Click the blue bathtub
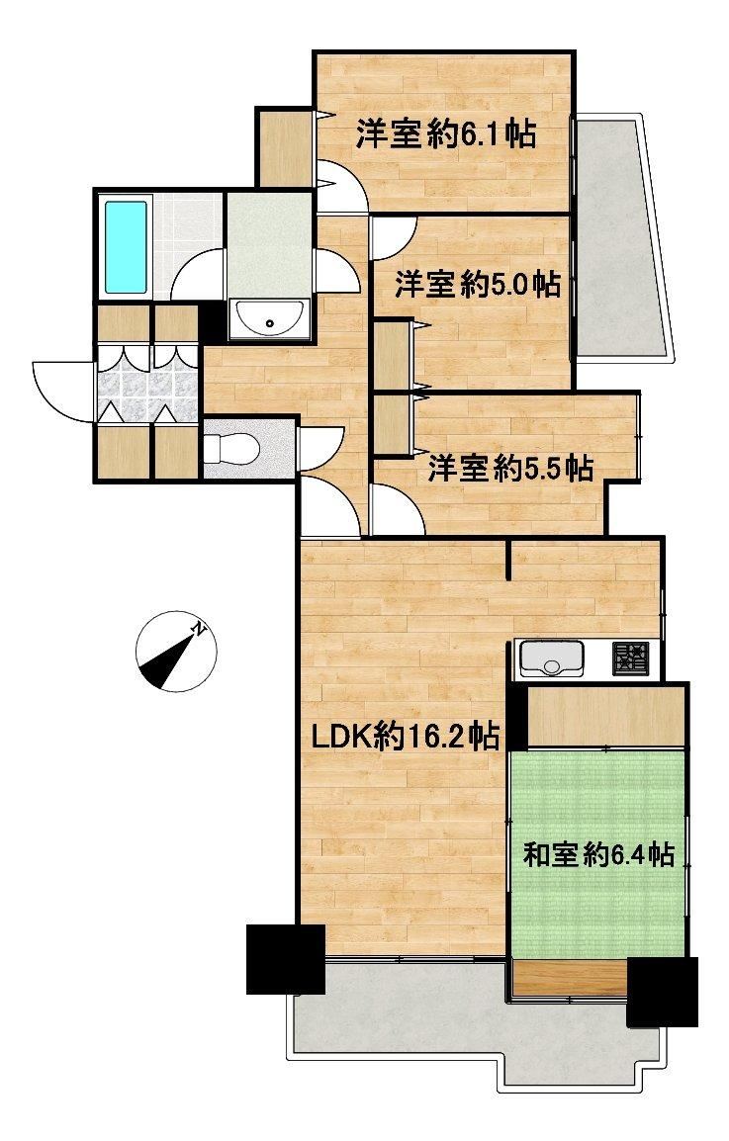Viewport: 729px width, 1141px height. point(126,246)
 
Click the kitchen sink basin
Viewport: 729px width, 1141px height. point(551,658)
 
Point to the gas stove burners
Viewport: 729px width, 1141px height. point(629,659)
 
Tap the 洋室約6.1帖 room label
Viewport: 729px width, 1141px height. point(446,133)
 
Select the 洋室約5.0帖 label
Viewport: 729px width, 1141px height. point(478,284)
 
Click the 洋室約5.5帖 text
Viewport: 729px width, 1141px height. point(509,468)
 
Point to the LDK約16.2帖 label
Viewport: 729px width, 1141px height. point(405,737)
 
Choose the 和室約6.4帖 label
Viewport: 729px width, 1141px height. point(597,854)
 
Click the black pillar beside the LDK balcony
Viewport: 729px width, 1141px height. point(286,959)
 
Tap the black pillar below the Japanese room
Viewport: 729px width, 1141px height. point(662,991)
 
